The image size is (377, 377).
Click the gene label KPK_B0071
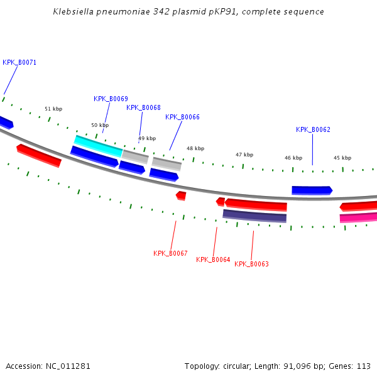19,63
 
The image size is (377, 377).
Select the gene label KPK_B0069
111,99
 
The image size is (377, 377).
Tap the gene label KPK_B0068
143,108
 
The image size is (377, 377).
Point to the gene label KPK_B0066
182,117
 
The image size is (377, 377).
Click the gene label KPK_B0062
313,130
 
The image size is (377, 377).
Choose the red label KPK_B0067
170,254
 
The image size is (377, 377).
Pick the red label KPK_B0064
213,260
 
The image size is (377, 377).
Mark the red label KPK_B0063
251,265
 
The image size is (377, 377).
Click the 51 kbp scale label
53,109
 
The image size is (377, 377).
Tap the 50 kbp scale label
100,126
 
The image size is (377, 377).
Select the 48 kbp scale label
195,149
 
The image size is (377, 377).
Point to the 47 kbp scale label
244,155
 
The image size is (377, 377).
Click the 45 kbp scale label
342,158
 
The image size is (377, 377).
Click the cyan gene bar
98,146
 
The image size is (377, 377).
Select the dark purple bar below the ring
254,216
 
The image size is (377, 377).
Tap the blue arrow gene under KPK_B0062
311,190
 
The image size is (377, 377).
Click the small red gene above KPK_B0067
181,195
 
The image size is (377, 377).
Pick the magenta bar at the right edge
359,217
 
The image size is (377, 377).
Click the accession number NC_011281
70,366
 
